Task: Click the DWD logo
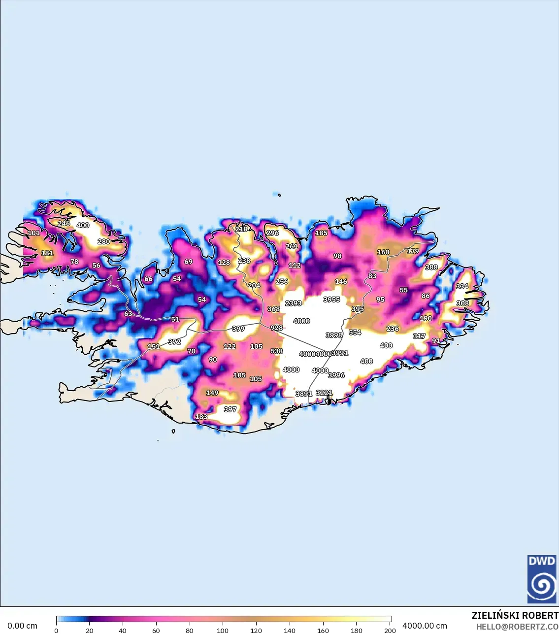pyautogui.click(x=542, y=579)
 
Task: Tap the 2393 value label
pyautogui.click(x=293, y=303)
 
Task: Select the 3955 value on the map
pyautogui.click(x=331, y=299)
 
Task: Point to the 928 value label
pyautogui.click(x=277, y=328)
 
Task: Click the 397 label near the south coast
pyautogui.click(x=230, y=409)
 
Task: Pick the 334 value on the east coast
pyautogui.click(x=462, y=286)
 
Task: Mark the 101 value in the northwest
pyautogui.click(x=34, y=233)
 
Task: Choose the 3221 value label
pyautogui.click(x=324, y=393)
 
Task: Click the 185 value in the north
pyautogui.click(x=321, y=233)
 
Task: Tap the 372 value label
pyautogui.click(x=174, y=341)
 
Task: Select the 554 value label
pyautogui.click(x=355, y=333)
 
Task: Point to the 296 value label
pyautogui.click(x=272, y=233)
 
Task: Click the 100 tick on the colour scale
pyautogui.click(x=223, y=630)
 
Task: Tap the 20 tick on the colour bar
pyautogui.click(x=89, y=630)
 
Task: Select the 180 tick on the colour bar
pyautogui.click(x=356, y=630)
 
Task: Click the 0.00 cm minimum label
pyautogui.click(x=23, y=626)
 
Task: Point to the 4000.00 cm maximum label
pyautogui.click(x=425, y=626)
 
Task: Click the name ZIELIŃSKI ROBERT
pyautogui.click(x=515, y=615)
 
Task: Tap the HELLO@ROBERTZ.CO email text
pyautogui.click(x=517, y=627)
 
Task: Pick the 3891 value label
pyautogui.click(x=303, y=394)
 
